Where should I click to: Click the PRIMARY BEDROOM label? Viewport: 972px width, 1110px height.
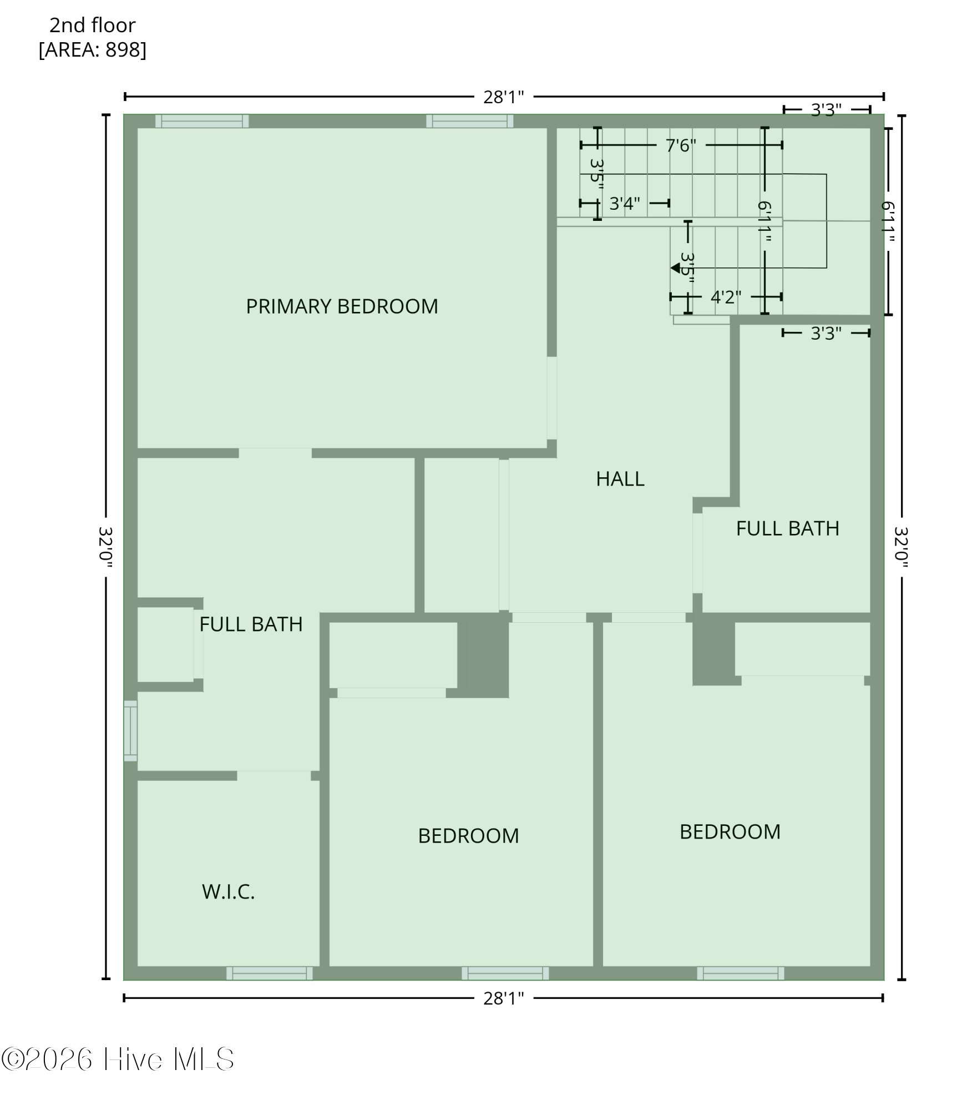(342, 306)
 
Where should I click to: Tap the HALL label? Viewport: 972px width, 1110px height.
(620, 479)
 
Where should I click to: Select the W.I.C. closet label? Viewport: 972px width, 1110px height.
(228, 891)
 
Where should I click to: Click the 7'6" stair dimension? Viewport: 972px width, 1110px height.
(680, 145)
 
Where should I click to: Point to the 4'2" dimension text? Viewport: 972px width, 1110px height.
(725, 297)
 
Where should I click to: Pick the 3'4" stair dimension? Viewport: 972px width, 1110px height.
(624, 204)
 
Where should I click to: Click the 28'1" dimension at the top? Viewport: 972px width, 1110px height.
(503, 97)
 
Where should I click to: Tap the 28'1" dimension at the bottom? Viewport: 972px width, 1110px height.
(503, 998)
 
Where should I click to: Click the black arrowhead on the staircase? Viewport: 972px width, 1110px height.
(675, 268)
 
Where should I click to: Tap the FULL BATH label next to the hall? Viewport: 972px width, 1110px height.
(787, 528)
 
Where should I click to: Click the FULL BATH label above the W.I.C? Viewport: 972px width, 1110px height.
(251, 624)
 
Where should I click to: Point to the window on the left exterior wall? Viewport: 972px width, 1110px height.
(130, 730)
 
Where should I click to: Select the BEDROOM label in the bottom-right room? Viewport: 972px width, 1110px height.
(730, 831)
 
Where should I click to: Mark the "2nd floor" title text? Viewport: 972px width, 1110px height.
(92, 26)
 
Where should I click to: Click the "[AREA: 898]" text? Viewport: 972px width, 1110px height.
(92, 50)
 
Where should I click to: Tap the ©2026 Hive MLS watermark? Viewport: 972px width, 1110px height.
(118, 1059)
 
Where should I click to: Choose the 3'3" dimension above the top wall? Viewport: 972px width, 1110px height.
(826, 110)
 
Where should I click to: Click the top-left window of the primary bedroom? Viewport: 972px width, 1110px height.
(201, 121)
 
